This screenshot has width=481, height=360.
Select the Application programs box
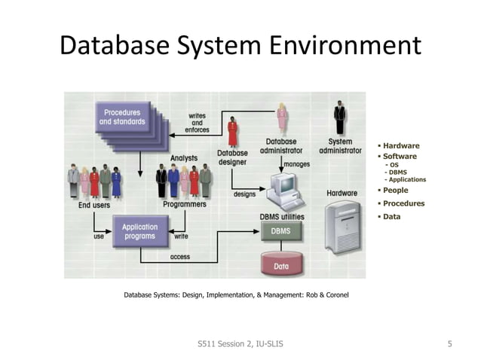point(139,231)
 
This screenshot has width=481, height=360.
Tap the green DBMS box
point(280,232)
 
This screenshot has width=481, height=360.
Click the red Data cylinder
point(280,264)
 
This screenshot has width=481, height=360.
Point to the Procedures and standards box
point(121,117)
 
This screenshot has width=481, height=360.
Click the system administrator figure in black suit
point(340,118)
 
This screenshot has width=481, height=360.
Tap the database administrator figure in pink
point(282,118)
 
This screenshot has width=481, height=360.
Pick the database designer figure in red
point(232,132)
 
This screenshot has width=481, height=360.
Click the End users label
point(94,204)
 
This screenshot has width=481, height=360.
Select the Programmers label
point(184,204)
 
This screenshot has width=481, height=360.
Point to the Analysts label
point(184,158)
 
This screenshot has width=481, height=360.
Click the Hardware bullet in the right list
point(400,146)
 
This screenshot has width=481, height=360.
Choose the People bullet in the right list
point(395,191)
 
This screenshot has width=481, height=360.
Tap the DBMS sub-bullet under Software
point(397,172)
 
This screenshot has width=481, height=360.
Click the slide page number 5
point(449,344)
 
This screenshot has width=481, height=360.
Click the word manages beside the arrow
point(296,163)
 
